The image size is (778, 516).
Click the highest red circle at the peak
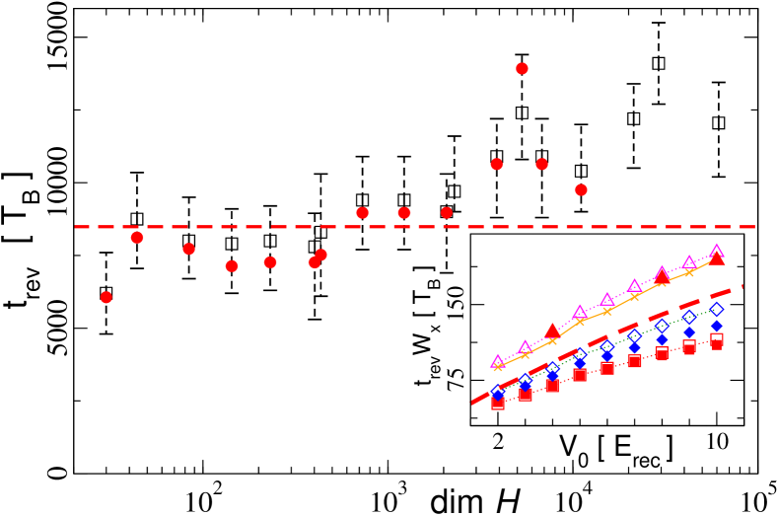click(x=522, y=69)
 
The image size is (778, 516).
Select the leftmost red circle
click(x=106, y=297)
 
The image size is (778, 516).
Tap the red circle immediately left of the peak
click(x=496, y=164)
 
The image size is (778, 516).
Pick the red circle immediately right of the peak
click(x=541, y=164)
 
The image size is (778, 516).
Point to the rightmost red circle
click(x=581, y=189)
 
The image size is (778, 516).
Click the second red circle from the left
click(x=137, y=238)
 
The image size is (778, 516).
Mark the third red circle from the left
click(x=188, y=249)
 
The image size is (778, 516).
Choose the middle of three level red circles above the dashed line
click(x=404, y=213)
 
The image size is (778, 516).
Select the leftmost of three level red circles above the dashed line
click(x=362, y=213)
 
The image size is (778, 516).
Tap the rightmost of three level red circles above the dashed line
click(x=447, y=213)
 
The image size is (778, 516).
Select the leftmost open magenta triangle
click(x=497, y=362)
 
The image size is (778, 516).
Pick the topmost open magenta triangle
click(x=717, y=252)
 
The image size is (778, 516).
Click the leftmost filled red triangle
click(x=552, y=331)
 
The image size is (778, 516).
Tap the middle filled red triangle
click(x=662, y=276)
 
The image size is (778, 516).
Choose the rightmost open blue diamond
click(x=717, y=310)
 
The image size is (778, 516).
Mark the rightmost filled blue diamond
click(x=717, y=326)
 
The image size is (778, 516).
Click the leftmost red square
click(x=498, y=403)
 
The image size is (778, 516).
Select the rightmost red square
click(x=717, y=340)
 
